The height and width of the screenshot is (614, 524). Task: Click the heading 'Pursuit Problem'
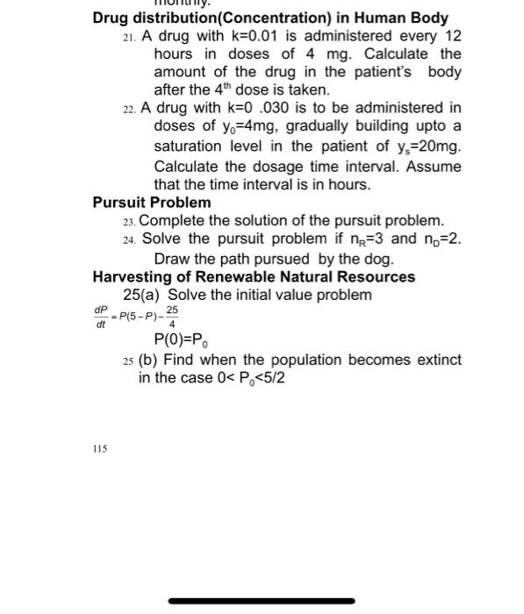(152, 203)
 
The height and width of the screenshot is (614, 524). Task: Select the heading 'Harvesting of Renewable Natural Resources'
(254, 277)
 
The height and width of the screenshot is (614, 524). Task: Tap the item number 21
(130, 37)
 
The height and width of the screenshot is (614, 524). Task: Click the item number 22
(130, 109)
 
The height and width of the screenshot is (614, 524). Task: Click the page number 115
(99, 448)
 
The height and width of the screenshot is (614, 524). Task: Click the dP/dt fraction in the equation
(98, 317)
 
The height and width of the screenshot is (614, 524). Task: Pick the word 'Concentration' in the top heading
(274, 18)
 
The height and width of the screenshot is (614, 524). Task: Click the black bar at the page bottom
(261, 601)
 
